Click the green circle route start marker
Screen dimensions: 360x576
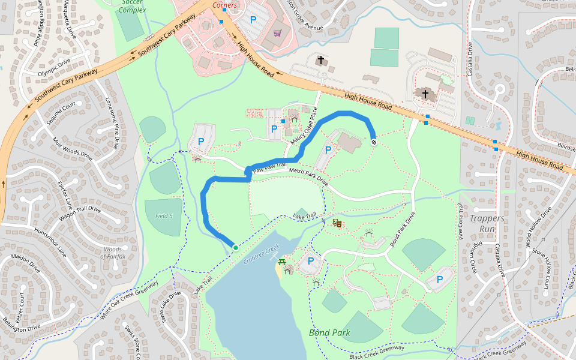pos(235,247)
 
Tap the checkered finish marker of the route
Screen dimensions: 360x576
pos(373,142)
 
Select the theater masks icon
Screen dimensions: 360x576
pos(337,223)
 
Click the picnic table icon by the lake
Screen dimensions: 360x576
pos(282,262)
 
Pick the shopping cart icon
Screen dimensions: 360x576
pos(277,33)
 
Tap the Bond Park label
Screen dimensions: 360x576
pos(329,332)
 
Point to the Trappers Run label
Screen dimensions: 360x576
pos(487,223)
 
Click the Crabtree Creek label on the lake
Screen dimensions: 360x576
pos(262,254)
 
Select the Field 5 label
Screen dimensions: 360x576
pos(164,215)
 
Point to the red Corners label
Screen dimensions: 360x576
pos(224,5)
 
